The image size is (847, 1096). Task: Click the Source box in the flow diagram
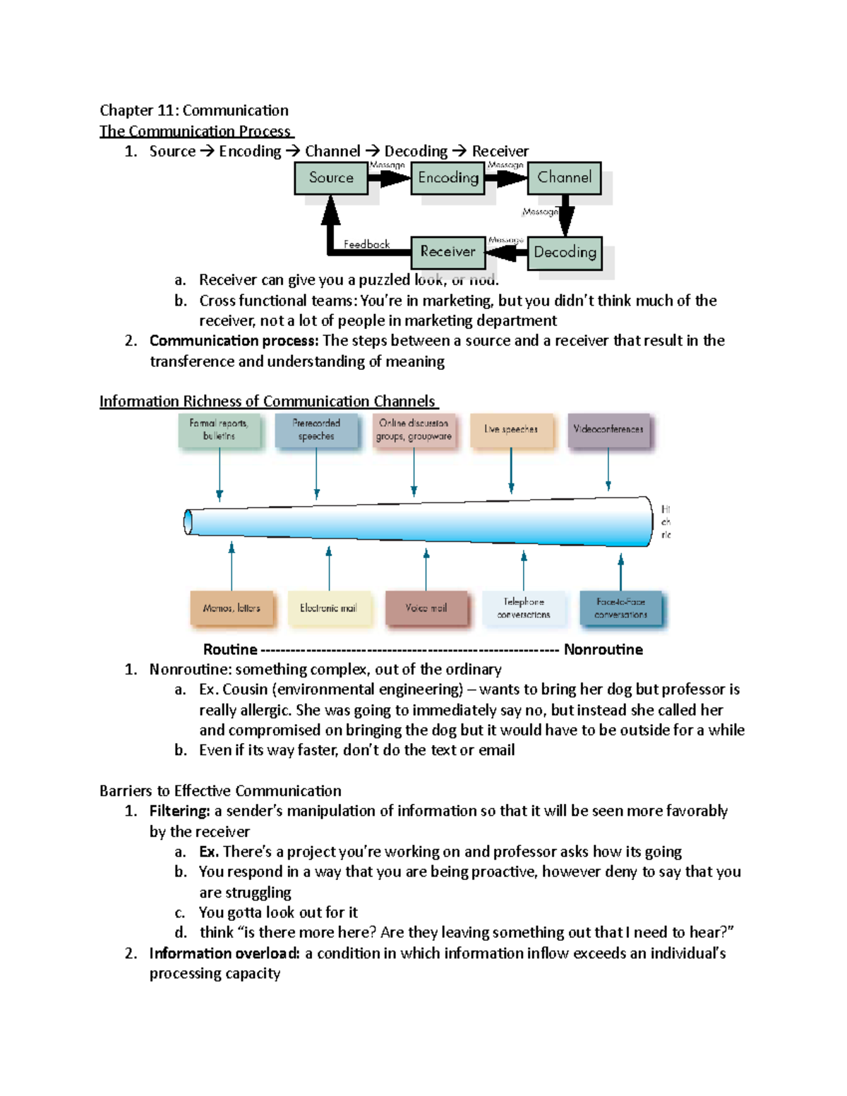tap(331, 178)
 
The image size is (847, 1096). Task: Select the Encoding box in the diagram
tap(448, 178)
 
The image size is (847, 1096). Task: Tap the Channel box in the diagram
tap(565, 177)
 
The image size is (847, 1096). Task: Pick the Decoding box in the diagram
tap(565, 253)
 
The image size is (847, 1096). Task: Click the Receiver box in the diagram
tap(448, 252)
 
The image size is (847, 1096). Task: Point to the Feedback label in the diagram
tap(366, 244)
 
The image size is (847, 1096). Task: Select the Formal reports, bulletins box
tap(219, 430)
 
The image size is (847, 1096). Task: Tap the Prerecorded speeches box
tap(316, 430)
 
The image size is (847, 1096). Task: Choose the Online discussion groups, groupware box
tap(414, 430)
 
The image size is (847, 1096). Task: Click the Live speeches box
tap(511, 430)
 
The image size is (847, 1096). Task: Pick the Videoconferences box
tap(608, 430)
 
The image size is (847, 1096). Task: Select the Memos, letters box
tap(232, 608)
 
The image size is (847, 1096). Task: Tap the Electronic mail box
tap(328, 608)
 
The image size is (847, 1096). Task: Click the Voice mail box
tap(426, 608)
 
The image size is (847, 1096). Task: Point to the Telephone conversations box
tap(524, 608)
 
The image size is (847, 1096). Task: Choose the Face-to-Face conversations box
tap(621, 608)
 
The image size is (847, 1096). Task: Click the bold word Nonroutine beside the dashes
tap(603, 649)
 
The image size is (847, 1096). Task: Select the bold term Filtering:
tap(180, 811)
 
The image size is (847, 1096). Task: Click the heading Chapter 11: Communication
tap(194, 110)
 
